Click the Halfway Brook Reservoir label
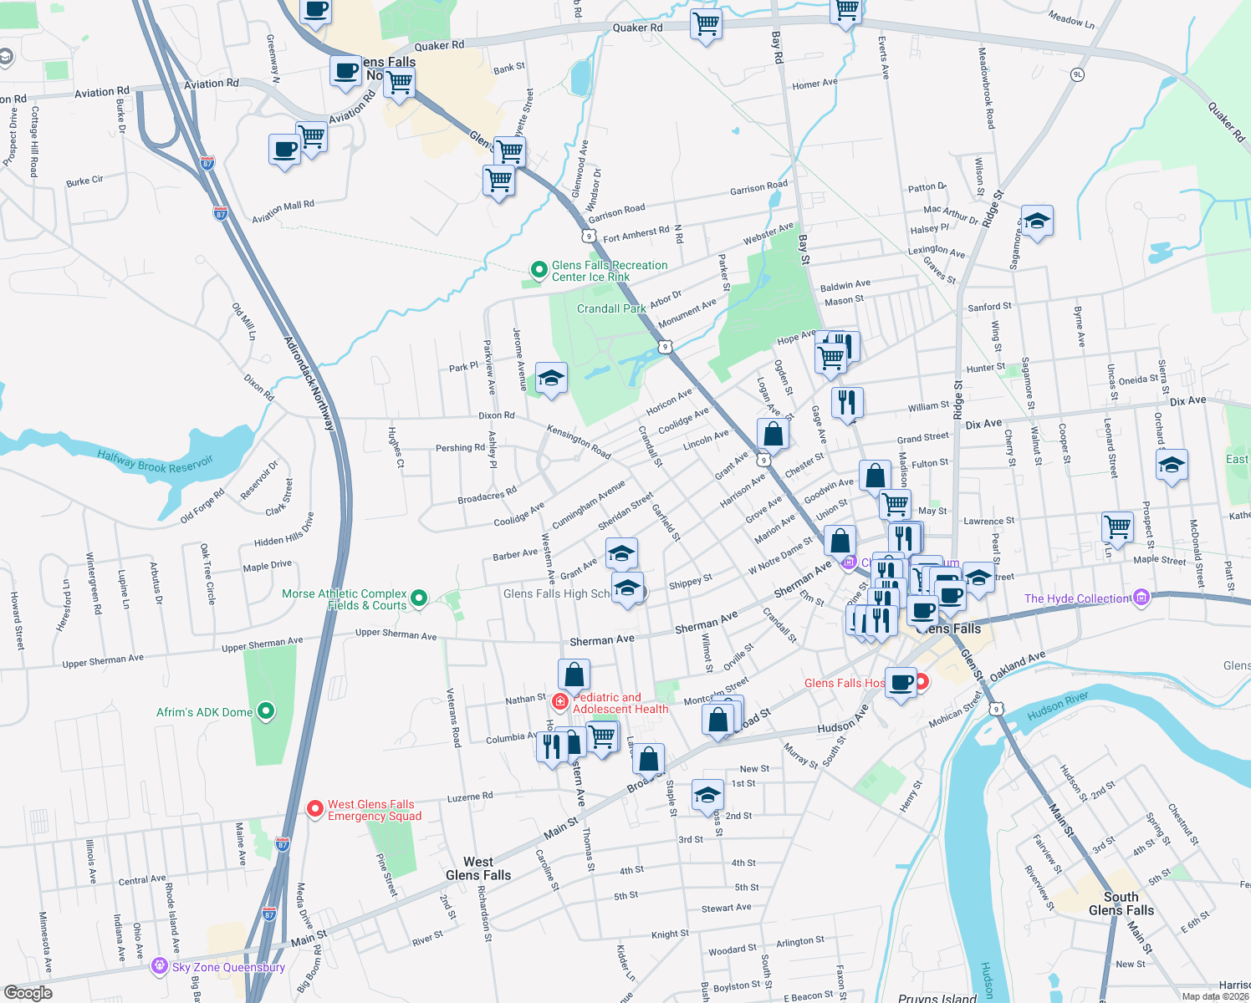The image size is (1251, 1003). [155, 461]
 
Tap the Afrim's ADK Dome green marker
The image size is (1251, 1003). [266, 712]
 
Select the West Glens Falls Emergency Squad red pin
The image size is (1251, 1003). [315, 808]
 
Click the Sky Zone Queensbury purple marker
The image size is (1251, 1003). [159, 966]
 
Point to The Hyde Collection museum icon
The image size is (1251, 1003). [1141, 598]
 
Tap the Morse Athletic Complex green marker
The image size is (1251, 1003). [420, 598]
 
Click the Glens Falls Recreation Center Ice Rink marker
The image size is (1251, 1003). [539, 270]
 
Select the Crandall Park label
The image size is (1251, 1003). [611, 308]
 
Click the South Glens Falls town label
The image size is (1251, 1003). [1121, 904]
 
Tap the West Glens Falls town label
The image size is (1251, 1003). [478, 868]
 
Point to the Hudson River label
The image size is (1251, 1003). [1058, 706]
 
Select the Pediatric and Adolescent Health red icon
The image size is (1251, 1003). [559, 701]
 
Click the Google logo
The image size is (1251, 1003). [28, 993]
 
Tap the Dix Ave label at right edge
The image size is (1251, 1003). [1188, 401]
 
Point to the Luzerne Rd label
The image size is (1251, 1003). [470, 797]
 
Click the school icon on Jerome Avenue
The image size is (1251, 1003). [551, 379]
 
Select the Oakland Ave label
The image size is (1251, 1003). [1017, 666]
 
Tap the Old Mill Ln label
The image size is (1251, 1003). [244, 322]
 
